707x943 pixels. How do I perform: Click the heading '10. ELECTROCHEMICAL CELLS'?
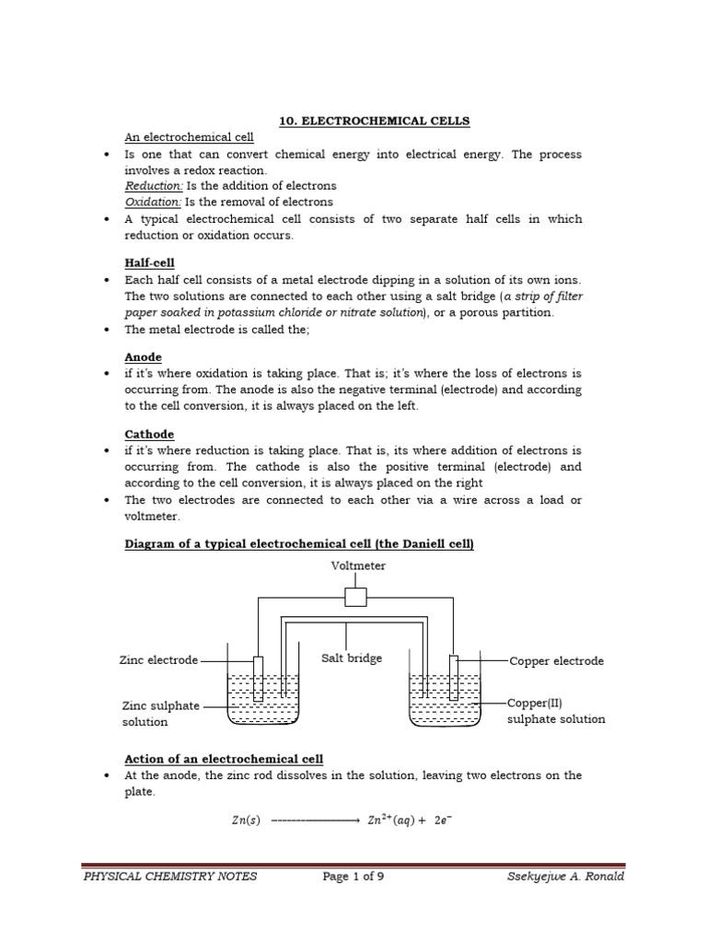374,121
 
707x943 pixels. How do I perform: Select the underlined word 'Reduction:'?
154,186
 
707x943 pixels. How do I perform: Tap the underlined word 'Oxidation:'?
154,202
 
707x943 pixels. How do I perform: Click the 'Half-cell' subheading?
149,262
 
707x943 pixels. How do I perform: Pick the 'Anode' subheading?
143,356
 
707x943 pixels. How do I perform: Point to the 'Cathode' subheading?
149,434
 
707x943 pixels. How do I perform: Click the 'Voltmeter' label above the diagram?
358,566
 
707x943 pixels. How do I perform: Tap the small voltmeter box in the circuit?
355,598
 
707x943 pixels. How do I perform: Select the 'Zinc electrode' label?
158,660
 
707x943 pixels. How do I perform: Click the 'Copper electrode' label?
556,661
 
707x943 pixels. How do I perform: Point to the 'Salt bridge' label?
351,658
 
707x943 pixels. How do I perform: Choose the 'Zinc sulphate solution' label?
160,714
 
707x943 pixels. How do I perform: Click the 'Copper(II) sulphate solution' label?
556,711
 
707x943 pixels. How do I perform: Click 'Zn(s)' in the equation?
245,821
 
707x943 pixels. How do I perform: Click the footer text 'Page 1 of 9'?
353,877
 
